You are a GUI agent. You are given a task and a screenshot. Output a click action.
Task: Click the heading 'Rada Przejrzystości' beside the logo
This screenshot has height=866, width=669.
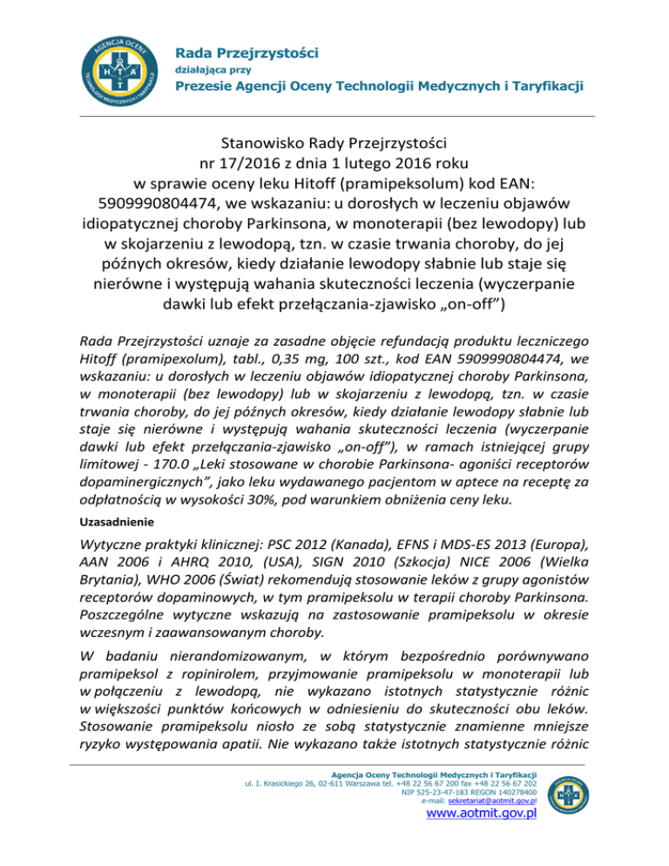(x=247, y=53)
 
